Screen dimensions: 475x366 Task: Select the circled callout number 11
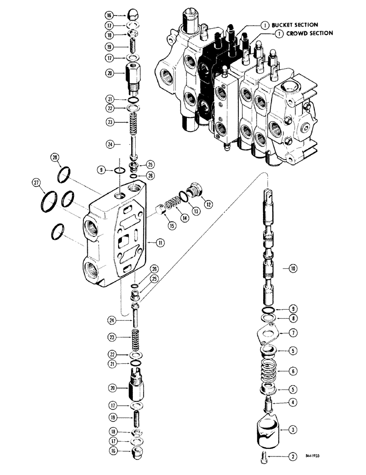(x=160, y=242)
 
